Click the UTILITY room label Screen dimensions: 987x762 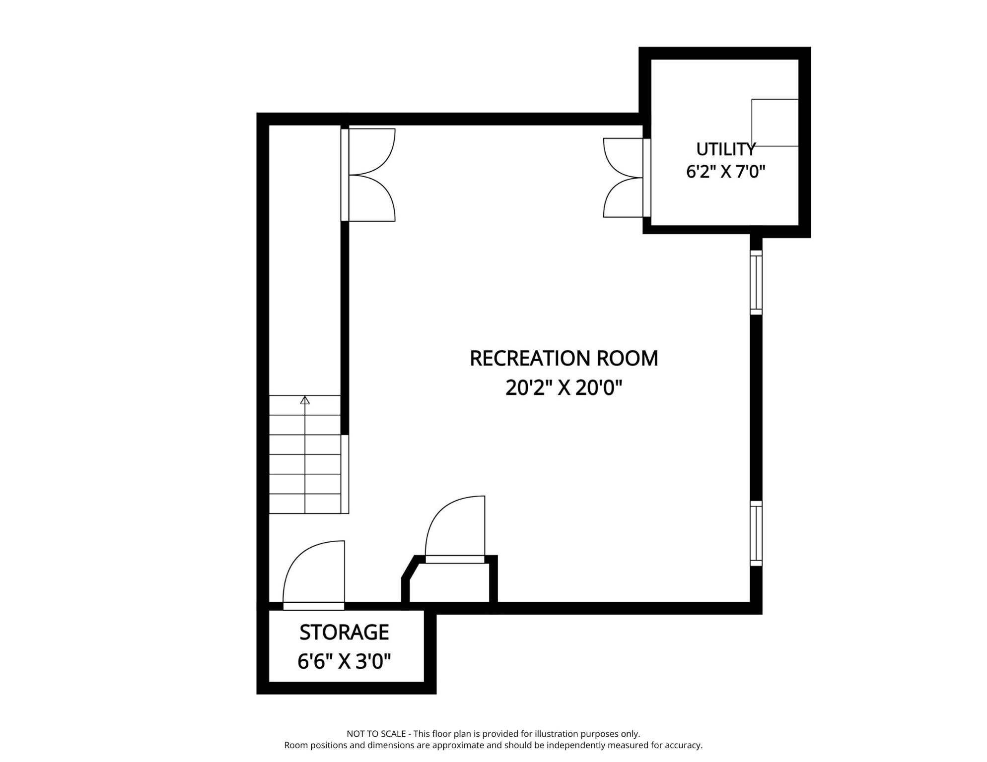[725, 149]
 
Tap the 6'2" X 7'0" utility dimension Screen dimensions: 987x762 [725, 172]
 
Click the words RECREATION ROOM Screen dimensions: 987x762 [564, 358]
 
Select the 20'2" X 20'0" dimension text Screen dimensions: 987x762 [564, 387]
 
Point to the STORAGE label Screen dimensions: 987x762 [344, 632]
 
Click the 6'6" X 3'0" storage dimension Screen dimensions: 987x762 [344, 661]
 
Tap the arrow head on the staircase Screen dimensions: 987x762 [305, 400]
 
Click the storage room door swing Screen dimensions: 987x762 [313, 575]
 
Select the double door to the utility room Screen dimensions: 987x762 [627, 178]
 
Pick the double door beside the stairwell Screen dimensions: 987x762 [368, 175]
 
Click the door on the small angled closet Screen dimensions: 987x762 [455, 529]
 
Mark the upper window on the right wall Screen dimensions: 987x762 [756, 282]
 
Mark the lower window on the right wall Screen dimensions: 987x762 [756, 533]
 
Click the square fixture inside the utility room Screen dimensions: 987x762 [775, 123]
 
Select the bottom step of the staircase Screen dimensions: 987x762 [305, 504]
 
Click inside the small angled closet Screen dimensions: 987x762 [449, 582]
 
